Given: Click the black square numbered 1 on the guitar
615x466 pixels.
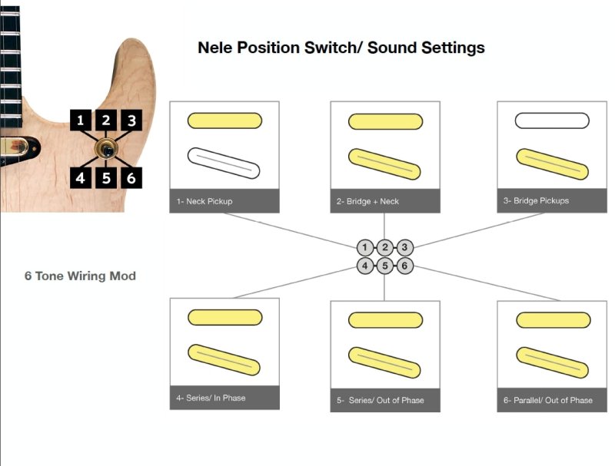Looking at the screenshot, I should click(80, 120).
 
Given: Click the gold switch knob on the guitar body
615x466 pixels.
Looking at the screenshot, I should click(106, 148).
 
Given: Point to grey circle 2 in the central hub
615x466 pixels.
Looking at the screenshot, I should click(384, 248).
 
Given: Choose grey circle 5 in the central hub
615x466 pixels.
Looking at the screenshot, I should click(384, 266).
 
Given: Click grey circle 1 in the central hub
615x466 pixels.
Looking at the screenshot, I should click(365, 248).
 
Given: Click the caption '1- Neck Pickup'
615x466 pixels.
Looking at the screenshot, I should click(204, 201).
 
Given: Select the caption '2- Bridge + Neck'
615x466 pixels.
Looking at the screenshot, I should click(368, 201).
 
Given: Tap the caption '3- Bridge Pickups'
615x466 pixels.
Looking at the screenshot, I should click(537, 200).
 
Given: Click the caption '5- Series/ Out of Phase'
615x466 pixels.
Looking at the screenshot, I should click(381, 400).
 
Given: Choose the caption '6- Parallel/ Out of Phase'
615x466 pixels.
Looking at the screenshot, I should click(548, 400).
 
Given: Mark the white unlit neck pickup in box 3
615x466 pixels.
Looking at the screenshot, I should click(551, 121).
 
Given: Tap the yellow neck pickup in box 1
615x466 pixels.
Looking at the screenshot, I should click(224, 121).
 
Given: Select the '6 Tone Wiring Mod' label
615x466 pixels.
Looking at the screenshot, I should click(80, 276).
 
